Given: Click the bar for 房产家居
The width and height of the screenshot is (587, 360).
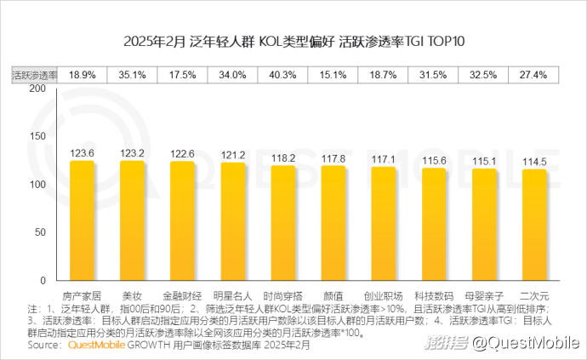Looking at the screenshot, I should click(82, 220).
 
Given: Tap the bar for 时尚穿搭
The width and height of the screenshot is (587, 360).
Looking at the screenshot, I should click(283, 223).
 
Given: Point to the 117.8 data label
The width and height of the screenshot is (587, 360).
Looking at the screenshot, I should click(333, 158).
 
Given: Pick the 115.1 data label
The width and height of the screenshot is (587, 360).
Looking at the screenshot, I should click(484, 161).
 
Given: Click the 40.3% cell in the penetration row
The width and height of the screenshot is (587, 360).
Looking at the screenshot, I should click(283, 75).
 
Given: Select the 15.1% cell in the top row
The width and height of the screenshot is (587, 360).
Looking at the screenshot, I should click(333, 75).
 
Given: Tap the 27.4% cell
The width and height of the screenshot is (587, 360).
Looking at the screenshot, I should click(534, 75).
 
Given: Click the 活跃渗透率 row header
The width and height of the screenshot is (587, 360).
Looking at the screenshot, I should click(33, 75).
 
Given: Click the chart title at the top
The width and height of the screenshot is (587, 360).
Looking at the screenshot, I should click(293, 42).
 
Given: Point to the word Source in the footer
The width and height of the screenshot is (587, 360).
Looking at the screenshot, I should click(43, 346).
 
